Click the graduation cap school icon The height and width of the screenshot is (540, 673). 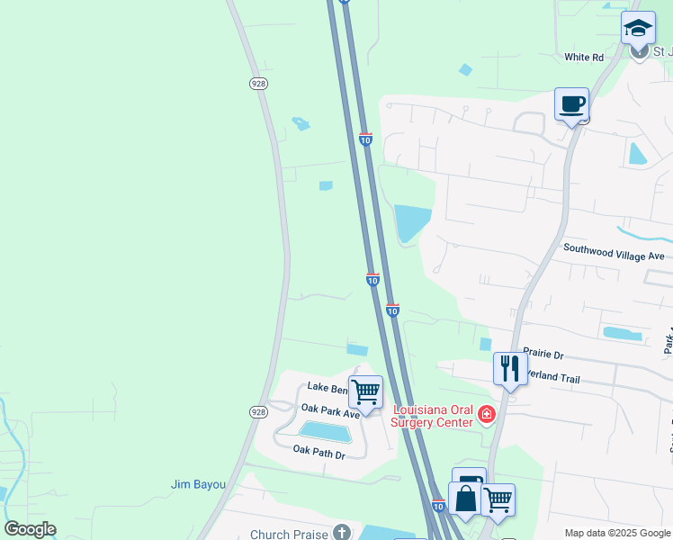pos(638,27)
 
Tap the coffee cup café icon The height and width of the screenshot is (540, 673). pos(571,104)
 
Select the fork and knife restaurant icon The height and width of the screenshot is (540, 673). pos(510,367)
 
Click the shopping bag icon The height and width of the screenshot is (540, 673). pos(466,499)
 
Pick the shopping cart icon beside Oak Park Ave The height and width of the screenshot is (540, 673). pos(365,392)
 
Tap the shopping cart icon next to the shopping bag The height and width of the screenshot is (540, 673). pos(498,499)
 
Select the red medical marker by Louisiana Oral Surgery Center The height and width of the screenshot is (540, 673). pos(487,414)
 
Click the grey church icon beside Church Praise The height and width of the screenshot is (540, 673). pos(341,533)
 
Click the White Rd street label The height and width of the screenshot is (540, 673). pos(583,58)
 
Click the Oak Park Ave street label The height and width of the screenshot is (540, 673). pos(330,409)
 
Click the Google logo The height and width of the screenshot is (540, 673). pos(30,529)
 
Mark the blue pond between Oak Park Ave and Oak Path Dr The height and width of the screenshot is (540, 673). pos(325,432)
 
